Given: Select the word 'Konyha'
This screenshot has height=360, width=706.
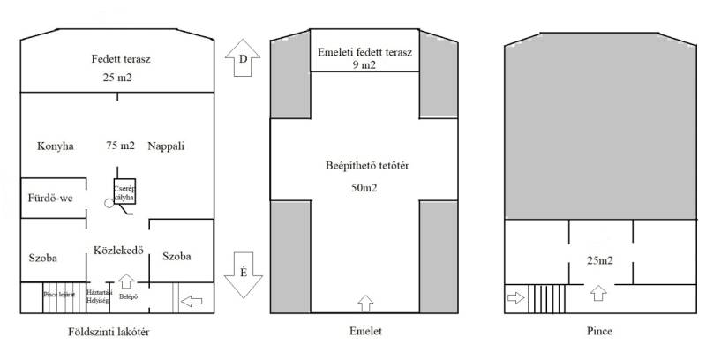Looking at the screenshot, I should tap(56, 146).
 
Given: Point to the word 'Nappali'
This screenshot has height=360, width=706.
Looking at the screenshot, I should tap(166, 146).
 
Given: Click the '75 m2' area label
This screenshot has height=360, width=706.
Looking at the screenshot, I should tap(120, 146).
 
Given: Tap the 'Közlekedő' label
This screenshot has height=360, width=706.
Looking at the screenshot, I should tap(119, 250).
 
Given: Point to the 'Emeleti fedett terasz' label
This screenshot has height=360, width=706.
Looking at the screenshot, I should tap(364, 52).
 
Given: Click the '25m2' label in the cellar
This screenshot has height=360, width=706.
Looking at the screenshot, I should tap(600, 260).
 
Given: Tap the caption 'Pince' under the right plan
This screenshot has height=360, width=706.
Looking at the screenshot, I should tap(598, 333).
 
